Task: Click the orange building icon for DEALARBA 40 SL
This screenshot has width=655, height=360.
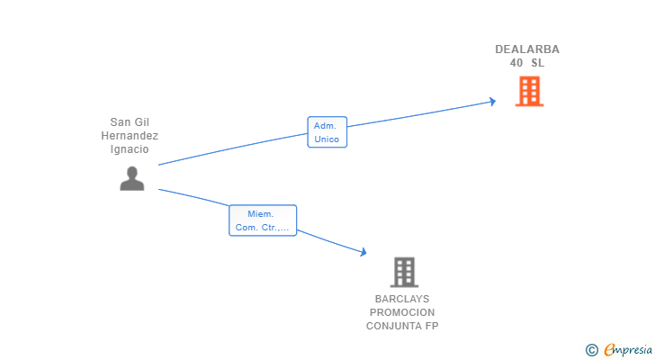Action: (x=529, y=91)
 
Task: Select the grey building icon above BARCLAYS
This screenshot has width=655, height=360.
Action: (x=404, y=272)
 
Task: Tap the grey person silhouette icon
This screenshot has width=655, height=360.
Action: (x=132, y=178)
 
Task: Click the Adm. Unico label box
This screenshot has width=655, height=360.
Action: (x=327, y=132)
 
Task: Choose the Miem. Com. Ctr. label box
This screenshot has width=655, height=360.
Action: (x=262, y=220)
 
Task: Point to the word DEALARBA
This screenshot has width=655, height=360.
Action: (x=527, y=49)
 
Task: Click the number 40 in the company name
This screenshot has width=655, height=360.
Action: (x=516, y=63)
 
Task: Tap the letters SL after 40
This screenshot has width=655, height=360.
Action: (x=537, y=63)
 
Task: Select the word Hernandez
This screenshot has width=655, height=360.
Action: (x=130, y=136)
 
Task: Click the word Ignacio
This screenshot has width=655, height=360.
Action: (x=130, y=149)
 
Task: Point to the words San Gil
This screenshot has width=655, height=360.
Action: (x=130, y=122)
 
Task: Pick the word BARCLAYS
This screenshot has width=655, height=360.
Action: (x=402, y=299)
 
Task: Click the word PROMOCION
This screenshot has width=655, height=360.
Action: (x=402, y=312)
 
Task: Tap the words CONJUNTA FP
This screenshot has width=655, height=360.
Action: (x=402, y=326)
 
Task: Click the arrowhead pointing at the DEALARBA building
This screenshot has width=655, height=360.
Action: (x=492, y=101)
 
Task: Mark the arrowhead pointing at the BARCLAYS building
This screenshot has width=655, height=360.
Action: (x=363, y=254)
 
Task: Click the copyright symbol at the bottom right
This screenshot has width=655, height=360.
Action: (x=591, y=350)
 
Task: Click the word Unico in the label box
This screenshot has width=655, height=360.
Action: (x=327, y=139)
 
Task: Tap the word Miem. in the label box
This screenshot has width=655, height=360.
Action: (x=262, y=213)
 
